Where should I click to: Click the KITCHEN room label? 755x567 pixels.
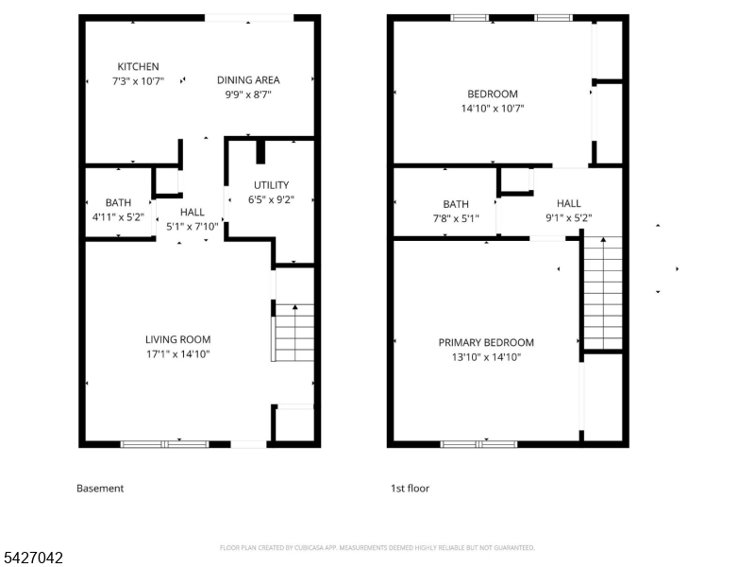point(138,66)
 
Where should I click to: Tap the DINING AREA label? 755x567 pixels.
point(248,80)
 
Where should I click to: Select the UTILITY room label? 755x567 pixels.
point(272,185)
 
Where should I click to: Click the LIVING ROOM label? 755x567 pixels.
point(177,339)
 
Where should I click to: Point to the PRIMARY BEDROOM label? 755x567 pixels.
point(486,342)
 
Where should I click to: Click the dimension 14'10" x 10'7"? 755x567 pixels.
point(493,109)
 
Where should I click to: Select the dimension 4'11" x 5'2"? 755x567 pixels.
point(119,217)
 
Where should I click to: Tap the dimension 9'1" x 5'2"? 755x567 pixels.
point(569,218)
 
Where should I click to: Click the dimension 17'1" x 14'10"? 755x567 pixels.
point(177,354)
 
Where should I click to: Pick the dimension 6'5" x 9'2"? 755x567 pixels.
point(272,200)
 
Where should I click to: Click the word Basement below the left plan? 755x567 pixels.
point(100,489)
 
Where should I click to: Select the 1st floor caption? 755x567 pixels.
point(410,489)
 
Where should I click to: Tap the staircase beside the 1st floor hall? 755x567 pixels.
point(603,293)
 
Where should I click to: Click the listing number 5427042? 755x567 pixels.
point(33,558)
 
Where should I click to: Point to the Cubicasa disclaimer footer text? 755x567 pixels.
point(377,547)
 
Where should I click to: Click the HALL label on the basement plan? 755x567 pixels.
point(192,213)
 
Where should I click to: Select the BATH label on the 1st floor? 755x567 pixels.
point(456,204)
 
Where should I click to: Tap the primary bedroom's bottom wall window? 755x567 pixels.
point(479,443)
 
